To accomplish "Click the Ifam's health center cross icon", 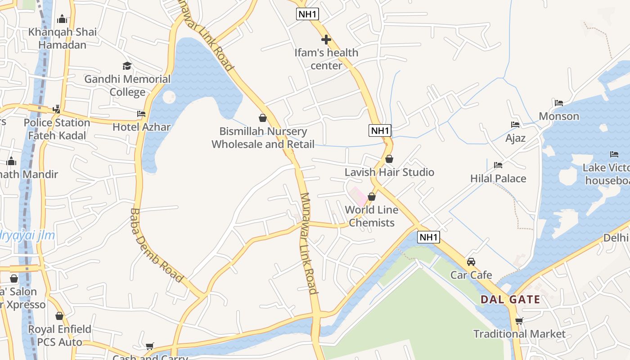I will (x=326, y=40).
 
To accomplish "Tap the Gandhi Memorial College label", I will (x=128, y=85).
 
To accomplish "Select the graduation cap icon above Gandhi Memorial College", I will (x=127, y=66).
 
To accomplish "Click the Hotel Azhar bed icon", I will (x=141, y=114).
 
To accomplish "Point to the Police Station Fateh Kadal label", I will (x=57, y=129).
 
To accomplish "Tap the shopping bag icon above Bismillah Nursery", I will (x=263, y=118).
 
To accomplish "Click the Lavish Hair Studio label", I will (x=389, y=172).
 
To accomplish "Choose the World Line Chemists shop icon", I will (x=372, y=197).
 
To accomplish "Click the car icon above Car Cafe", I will (x=471, y=261).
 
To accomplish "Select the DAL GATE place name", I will (x=510, y=299).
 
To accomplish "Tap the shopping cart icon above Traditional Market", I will (x=519, y=321).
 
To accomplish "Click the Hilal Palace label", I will (x=498, y=179).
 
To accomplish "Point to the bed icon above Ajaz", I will (x=515, y=125).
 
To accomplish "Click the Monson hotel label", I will (x=559, y=117).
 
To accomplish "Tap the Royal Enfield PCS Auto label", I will (x=60, y=336).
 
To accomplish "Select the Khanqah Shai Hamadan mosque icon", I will (x=62, y=19).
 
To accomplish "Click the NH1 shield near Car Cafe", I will (x=428, y=237).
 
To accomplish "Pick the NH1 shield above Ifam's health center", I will (x=308, y=14).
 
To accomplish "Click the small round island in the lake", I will (x=169, y=96).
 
